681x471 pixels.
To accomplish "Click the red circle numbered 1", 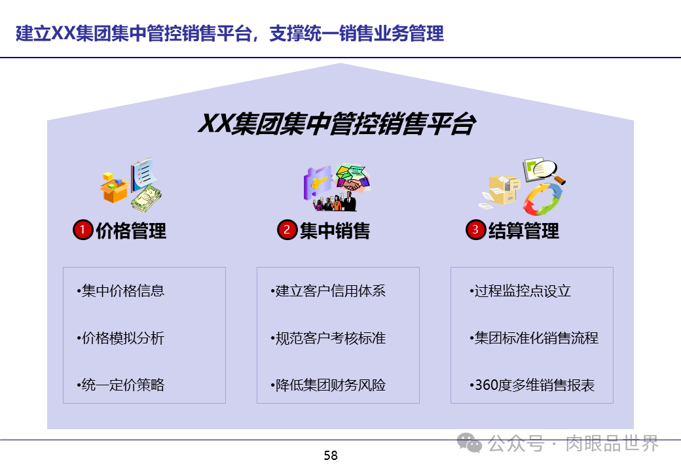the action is pyautogui.click(x=83, y=230).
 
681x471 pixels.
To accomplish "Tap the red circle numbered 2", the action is pyautogui.click(x=287, y=230).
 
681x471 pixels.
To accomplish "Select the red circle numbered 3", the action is pyautogui.click(x=475, y=230).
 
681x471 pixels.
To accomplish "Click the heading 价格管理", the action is pyautogui.click(x=131, y=231).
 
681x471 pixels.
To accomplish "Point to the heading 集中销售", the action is pyautogui.click(x=335, y=231).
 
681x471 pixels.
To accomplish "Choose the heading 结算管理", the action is pyautogui.click(x=524, y=231).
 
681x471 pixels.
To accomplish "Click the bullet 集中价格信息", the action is pyautogui.click(x=120, y=291).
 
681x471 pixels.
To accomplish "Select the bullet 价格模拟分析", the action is pyautogui.click(x=120, y=338).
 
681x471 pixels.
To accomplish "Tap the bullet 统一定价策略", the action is pyautogui.click(x=120, y=385).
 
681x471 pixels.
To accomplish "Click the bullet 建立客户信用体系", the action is pyautogui.click(x=328, y=291).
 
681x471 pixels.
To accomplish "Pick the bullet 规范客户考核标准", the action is pyautogui.click(x=328, y=338).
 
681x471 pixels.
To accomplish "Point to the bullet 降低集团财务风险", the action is pyautogui.click(x=328, y=385).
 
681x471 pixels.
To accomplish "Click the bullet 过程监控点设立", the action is pyautogui.click(x=521, y=291).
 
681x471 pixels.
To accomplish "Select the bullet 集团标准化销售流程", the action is pyautogui.click(x=534, y=338).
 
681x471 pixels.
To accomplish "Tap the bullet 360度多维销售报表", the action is pyautogui.click(x=532, y=385).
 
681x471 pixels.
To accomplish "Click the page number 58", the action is pyautogui.click(x=331, y=456).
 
